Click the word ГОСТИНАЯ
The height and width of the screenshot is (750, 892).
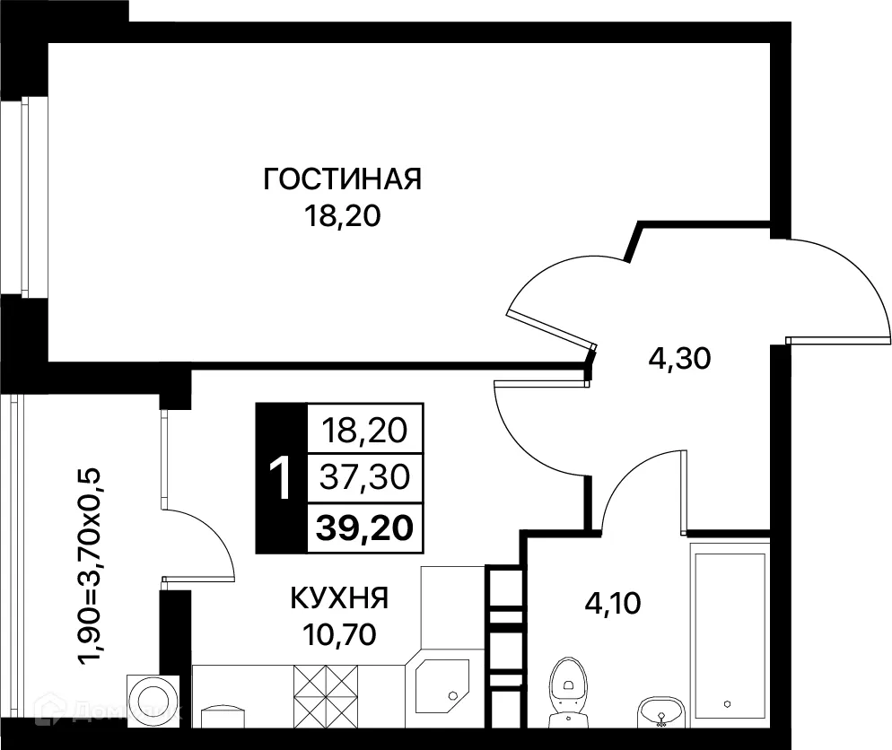[x=342, y=179]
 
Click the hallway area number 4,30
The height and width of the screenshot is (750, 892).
[x=679, y=359]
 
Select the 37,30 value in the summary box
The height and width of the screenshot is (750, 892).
[x=363, y=477]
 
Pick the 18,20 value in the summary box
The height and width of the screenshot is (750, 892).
[x=363, y=431]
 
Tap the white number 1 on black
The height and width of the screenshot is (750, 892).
[x=281, y=478]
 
